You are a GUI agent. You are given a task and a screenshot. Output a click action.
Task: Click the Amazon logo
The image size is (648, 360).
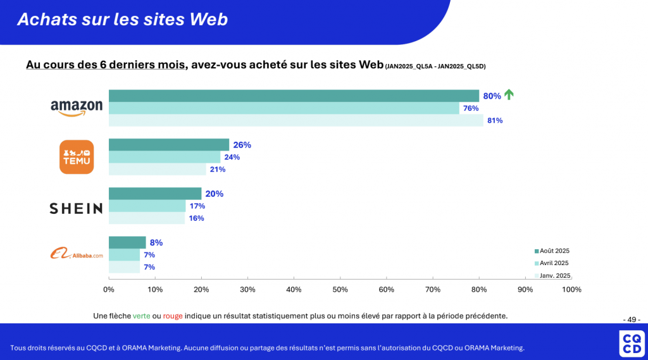(77, 108)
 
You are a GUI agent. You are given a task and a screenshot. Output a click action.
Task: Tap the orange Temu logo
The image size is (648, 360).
(76, 157)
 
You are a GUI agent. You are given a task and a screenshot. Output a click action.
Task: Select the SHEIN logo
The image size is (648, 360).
(76, 208)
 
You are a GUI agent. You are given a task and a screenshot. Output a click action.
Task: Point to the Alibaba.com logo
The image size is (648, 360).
(77, 254)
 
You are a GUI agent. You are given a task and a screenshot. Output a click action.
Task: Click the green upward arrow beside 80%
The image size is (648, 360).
(509, 95)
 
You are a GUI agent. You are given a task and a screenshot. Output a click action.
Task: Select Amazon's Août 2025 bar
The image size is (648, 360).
(294, 96)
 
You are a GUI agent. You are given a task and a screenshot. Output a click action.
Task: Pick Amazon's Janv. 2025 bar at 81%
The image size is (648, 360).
(296, 120)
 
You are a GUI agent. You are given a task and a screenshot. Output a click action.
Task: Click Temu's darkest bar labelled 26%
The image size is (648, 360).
(169, 144)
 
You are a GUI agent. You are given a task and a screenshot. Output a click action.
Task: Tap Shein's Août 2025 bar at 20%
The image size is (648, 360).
(155, 194)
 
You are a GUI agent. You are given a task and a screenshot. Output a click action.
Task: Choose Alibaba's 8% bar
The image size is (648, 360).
(127, 242)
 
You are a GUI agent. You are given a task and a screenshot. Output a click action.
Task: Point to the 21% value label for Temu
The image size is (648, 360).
(218, 169)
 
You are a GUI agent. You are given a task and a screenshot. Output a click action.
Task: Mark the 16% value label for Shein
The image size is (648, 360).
(196, 218)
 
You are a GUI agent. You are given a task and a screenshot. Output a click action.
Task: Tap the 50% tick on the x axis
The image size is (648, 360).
(340, 290)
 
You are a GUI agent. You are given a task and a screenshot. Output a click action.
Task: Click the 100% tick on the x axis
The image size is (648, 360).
(571, 290)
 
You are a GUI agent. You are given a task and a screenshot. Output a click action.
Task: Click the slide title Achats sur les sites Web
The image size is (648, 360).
(122, 20)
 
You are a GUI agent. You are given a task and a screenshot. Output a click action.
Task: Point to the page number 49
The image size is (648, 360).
(632, 319)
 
